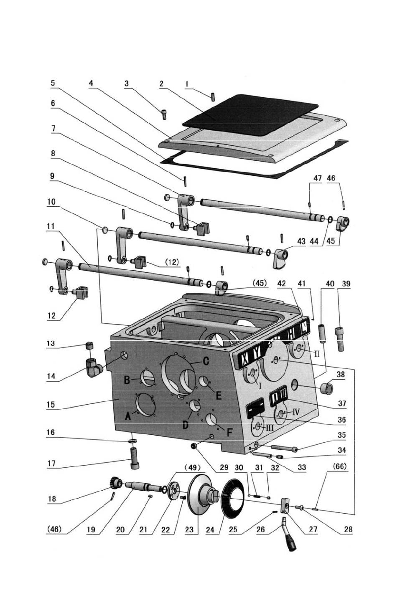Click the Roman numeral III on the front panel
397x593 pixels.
pyautogui.click(x=270, y=428)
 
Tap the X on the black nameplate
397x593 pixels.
pyautogui.click(x=246, y=357)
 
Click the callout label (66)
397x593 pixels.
pyautogui.click(x=340, y=466)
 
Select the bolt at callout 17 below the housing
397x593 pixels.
pyautogui.click(x=134, y=458)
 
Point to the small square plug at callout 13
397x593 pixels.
pyautogui.click(x=88, y=345)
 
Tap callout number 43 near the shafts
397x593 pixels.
pyautogui.click(x=301, y=241)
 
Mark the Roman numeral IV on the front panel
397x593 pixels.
pyautogui.click(x=296, y=411)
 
